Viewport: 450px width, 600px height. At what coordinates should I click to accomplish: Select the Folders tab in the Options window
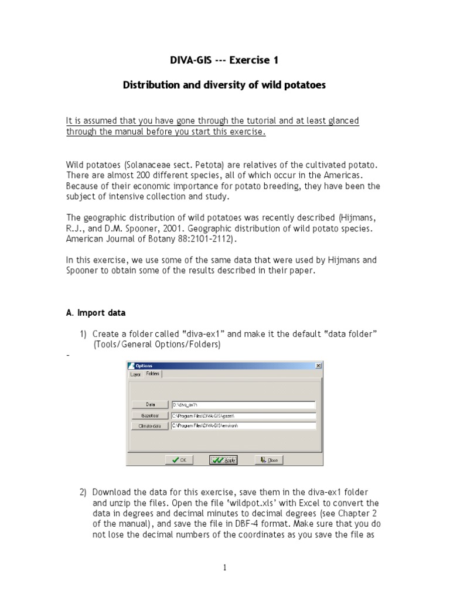(x=153, y=374)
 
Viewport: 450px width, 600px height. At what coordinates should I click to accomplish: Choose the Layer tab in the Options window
(x=136, y=374)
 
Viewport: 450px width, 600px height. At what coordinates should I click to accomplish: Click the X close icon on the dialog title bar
(x=318, y=365)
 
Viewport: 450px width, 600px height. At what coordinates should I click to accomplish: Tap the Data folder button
(x=150, y=404)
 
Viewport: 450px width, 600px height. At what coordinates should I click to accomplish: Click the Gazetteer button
(x=150, y=415)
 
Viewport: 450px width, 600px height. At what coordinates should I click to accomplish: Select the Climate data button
(x=150, y=426)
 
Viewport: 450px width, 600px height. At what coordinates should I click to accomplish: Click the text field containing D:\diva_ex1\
(x=243, y=404)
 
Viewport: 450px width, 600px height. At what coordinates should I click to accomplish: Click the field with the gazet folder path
(x=243, y=415)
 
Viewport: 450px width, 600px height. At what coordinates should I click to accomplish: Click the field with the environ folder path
(x=243, y=426)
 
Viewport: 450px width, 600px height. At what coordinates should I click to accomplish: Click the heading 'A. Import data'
(x=96, y=313)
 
